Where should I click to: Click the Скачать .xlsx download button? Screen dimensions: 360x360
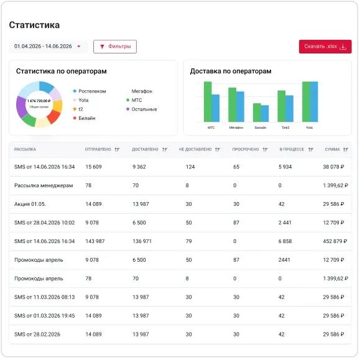click(325, 47)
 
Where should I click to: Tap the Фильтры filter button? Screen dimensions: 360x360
click(115, 47)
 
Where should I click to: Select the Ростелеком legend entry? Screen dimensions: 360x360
click(90, 91)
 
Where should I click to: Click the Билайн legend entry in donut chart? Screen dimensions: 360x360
click(85, 118)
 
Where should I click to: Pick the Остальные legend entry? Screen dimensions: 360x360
click(142, 109)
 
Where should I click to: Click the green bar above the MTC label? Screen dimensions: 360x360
click(208, 102)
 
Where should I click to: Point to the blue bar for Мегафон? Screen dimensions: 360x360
click(240, 106)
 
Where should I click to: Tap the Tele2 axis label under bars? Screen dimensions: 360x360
click(285, 127)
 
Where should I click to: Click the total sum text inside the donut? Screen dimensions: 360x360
click(39, 101)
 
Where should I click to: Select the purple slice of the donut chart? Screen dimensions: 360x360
click(21, 107)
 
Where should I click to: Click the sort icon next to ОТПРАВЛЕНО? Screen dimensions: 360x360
click(117, 149)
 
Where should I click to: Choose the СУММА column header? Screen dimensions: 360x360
click(332, 149)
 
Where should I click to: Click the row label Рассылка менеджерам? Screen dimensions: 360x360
click(44, 185)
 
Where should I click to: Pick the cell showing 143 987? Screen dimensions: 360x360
click(95, 241)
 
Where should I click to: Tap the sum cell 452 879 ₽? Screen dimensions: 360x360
click(335, 241)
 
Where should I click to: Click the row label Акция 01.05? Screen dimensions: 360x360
click(30, 204)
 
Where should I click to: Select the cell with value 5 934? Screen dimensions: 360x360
click(285, 167)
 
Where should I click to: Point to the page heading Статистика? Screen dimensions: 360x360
click(34, 25)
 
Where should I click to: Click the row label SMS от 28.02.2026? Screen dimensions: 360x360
click(37, 335)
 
